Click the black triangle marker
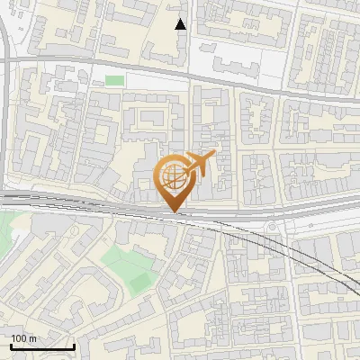tap(181, 24)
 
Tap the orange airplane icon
tap(201, 165)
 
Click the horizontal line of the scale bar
tap(41, 346)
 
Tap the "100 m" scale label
tap(24, 338)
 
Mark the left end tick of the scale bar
tap(10, 345)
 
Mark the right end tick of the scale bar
tap(73, 345)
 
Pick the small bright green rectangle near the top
tap(114, 81)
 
